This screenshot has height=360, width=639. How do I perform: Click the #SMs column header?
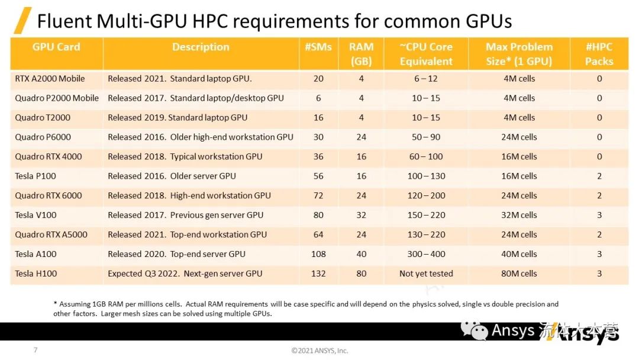point(318,47)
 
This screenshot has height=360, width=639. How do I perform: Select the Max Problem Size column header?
point(519,54)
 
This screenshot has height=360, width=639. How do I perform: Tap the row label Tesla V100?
point(36,215)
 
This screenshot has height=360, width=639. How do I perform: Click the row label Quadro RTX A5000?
point(51,234)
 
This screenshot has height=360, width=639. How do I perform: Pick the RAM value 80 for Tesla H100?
point(361,274)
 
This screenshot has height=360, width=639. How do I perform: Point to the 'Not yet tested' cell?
point(426,274)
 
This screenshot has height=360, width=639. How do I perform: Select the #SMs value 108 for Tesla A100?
point(318,254)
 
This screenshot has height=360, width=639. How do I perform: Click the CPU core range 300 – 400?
point(426,254)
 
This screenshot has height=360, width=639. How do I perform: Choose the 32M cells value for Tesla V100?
point(519,215)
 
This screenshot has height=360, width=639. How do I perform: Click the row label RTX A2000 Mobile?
point(50,78)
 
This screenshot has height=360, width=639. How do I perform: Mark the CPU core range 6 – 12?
point(426,78)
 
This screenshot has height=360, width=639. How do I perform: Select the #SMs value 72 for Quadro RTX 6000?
point(318,195)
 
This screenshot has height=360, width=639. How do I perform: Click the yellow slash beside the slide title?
point(22,21)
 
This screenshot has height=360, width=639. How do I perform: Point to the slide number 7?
point(35,350)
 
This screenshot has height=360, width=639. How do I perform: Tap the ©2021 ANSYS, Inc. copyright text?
point(319,351)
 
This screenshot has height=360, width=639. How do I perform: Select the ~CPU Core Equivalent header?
point(426,54)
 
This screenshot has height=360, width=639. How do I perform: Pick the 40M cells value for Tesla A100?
point(519,254)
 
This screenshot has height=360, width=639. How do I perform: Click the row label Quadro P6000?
point(43,137)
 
